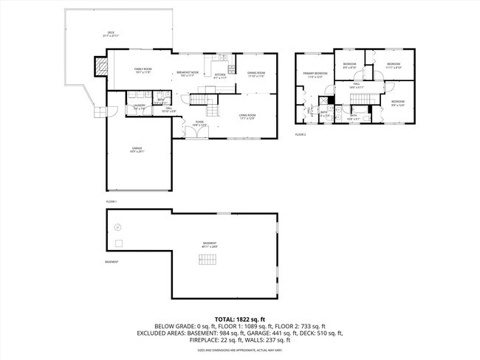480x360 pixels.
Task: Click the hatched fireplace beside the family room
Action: (100, 67)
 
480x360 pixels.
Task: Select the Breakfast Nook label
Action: (185, 73)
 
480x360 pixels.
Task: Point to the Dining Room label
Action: (256, 73)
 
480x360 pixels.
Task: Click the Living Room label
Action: (247, 116)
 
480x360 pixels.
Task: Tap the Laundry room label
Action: (139, 107)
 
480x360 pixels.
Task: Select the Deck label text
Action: (110, 34)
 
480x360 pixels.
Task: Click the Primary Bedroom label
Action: (314, 75)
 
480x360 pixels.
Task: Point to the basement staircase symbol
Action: (208, 259)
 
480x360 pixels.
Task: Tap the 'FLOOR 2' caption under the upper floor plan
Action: (300, 134)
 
